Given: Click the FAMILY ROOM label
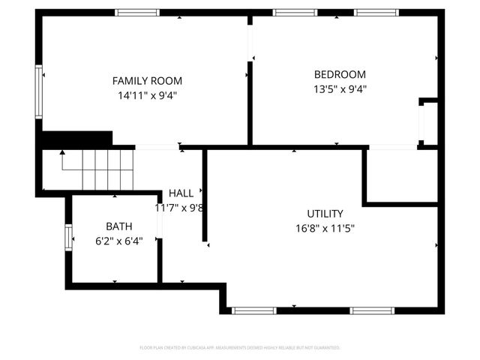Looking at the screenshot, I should [x=147, y=81].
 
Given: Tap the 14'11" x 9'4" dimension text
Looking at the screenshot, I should [x=147, y=95].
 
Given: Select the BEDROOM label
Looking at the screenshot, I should [x=340, y=74].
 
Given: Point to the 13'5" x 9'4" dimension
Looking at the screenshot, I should [x=340, y=88].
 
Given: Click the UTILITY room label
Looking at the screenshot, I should [x=325, y=214].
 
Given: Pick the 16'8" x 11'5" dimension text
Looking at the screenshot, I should [x=325, y=228].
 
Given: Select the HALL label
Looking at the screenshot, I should [x=181, y=193].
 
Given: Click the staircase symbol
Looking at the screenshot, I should [x=97, y=169].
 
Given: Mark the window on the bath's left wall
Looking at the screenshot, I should [x=69, y=238].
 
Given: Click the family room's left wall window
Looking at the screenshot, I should [x=38, y=91].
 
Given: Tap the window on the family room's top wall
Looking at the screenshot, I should [x=137, y=12].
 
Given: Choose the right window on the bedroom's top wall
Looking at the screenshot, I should [x=376, y=12].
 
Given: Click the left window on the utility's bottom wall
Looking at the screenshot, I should [x=254, y=310].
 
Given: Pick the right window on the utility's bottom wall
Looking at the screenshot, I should [x=372, y=310].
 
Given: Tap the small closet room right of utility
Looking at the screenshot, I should [x=401, y=175].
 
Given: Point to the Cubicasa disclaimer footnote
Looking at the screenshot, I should [x=240, y=348].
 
